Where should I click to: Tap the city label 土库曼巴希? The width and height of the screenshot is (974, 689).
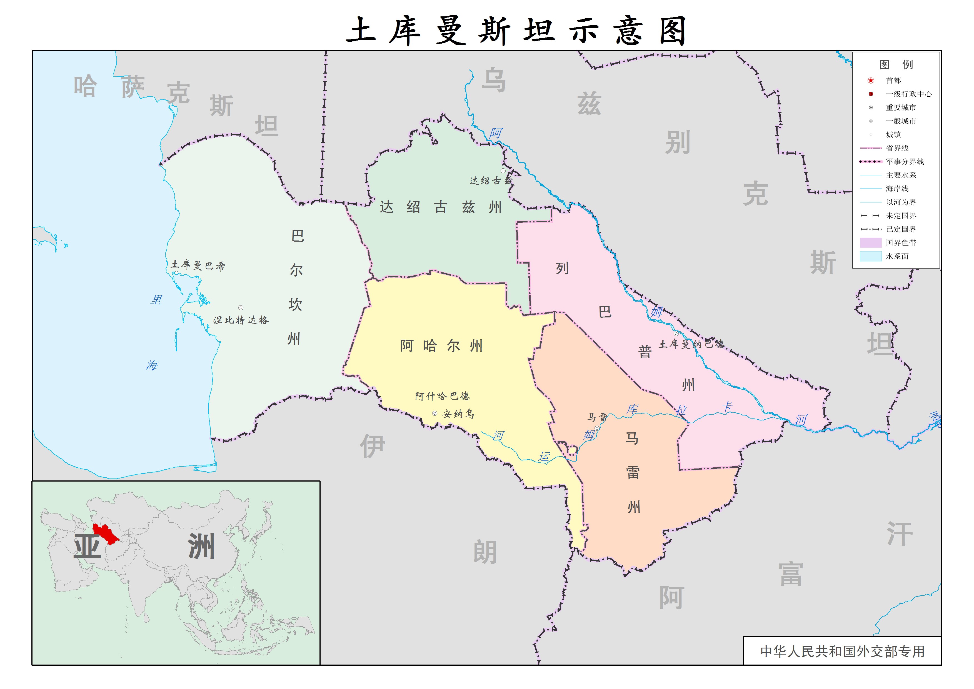point(198,265)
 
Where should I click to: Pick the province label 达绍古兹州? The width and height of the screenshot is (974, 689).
point(441,207)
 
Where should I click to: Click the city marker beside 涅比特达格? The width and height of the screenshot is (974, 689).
point(241,308)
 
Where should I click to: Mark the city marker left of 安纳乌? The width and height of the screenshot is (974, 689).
point(434,413)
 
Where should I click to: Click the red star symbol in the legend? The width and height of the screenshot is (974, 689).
point(870,80)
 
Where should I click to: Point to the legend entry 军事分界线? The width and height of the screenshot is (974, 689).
point(905,162)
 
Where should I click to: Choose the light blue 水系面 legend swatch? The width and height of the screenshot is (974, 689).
point(870,256)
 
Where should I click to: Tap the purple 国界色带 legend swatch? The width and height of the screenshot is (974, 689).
point(870,243)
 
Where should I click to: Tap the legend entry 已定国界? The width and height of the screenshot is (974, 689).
point(901,229)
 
